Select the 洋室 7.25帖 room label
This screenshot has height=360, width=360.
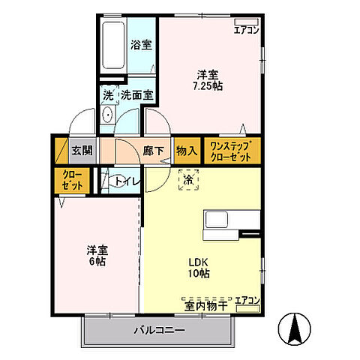pos(209,79)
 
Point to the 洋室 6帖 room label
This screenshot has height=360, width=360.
pos(96,255)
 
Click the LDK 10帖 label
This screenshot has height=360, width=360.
pos(198,267)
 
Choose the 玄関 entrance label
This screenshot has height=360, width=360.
pos(82,150)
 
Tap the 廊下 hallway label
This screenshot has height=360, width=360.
pos(153,150)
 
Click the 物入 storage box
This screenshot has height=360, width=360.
pos(186,150)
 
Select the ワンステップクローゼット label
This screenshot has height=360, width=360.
pos(234,149)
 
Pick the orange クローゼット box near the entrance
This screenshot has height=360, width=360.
pos(71,180)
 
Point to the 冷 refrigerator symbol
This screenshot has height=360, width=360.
pos(185,180)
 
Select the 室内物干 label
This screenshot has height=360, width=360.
pos(205,305)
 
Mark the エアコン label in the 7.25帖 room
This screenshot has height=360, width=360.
pos(247,31)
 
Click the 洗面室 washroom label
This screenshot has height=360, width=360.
pos(137,95)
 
